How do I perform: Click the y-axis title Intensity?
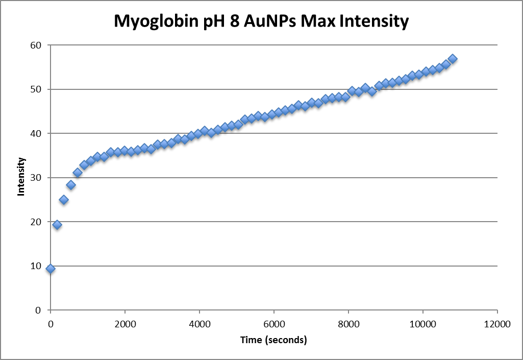[21, 177]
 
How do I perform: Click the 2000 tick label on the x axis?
[124, 323]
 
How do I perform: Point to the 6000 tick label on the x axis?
[273, 323]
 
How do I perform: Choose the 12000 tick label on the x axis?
[497, 323]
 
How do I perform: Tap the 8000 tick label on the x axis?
[348, 323]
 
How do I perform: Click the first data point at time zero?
[50, 269]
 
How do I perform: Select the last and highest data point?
[452, 59]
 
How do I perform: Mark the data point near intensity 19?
[57, 225]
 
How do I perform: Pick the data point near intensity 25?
[64, 200]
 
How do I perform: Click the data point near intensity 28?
[71, 185]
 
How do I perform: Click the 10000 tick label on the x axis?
[423, 323]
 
